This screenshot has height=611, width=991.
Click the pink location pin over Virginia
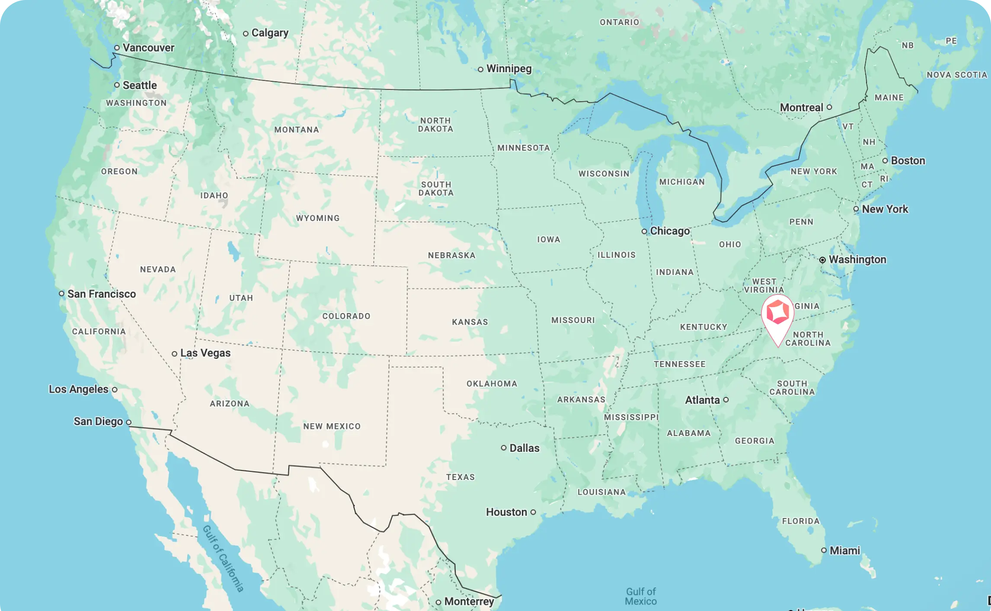click(777, 313)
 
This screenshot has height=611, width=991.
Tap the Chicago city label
click(670, 231)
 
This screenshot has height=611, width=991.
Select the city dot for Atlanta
click(726, 400)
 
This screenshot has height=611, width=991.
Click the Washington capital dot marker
click(822, 260)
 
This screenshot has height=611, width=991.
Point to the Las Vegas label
click(205, 353)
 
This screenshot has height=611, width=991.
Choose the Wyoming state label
click(318, 218)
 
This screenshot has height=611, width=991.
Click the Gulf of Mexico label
click(641, 596)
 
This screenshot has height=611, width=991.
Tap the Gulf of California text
click(223, 558)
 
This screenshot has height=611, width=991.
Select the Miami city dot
click(824, 550)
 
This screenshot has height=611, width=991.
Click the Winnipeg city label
click(509, 69)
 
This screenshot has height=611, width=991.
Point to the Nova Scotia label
click(957, 75)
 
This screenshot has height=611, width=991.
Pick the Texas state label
click(460, 477)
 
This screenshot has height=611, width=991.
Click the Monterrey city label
click(469, 601)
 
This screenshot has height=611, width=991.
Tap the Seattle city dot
click(117, 85)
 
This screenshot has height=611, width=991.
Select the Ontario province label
click(619, 22)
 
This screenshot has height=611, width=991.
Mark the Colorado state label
click(346, 316)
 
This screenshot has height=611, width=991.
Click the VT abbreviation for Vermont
click(848, 127)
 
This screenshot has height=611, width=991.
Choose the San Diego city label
click(98, 421)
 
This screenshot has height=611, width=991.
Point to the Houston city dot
click(533, 512)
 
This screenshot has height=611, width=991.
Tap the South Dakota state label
click(436, 189)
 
